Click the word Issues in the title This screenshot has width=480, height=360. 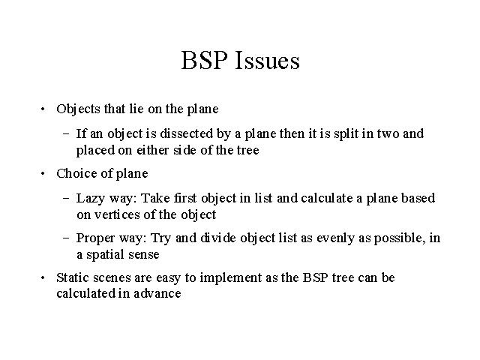click(x=267, y=60)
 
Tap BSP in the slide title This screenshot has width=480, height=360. click(x=204, y=60)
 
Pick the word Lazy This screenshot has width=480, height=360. click(x=90, y=199)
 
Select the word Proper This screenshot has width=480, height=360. click(x=95, y=238)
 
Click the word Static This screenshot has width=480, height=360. click(x=73, y=277)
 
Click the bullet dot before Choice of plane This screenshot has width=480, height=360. click(x=43, y=173)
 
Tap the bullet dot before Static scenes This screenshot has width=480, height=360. click(x=43, y=278)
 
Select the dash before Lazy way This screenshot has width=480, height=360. click(x=66, y=198)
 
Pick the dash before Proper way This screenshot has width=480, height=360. click(x=66, y=238)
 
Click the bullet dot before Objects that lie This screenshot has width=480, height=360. click(x=43, y=109)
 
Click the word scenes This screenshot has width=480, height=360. click(x=112, y=278)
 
